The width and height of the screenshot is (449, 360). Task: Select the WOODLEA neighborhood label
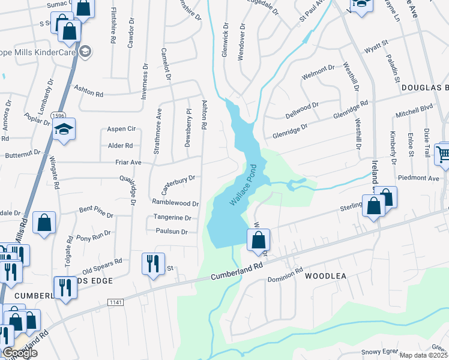point(326,277)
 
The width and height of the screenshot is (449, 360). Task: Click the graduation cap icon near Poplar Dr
point(63,129)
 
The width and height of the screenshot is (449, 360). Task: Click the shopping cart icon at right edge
point(443,154)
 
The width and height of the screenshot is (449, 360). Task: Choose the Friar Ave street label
point(128,163)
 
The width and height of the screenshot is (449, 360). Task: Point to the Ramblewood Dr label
point(175,203)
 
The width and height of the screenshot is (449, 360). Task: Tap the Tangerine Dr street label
point(172,218)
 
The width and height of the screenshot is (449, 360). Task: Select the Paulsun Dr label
point(172,232)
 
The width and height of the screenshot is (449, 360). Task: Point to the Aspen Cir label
point(121,129)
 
